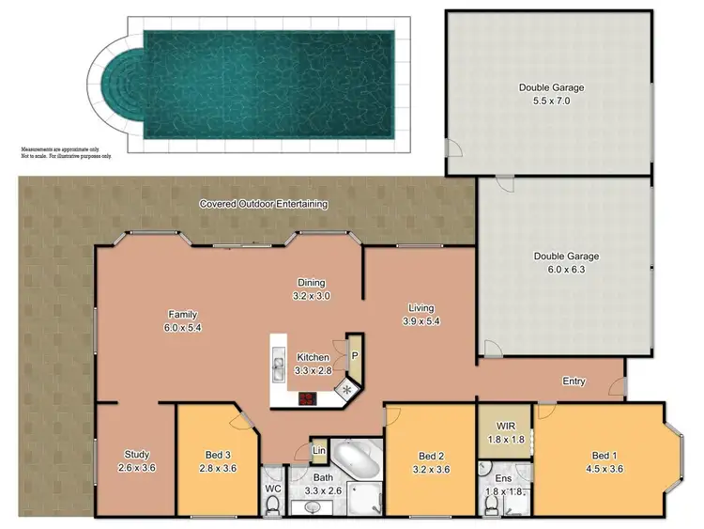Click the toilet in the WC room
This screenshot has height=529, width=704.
(273, 506)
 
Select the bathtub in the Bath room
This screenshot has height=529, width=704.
(356, 460)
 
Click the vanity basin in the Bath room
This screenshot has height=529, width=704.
(314, 507)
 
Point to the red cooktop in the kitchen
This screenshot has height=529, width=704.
(307, 398)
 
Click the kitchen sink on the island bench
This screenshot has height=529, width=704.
(278, 362)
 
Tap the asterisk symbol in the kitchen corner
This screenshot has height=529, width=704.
(348, 389)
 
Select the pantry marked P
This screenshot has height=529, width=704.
(354, 355)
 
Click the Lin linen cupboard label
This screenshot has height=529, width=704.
(319, 452)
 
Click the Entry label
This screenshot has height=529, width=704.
(574, 381)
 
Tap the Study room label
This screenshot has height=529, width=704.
(133, 455)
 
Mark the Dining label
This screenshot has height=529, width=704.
(312, 282)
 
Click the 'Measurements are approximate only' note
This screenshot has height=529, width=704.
(65, 148)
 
